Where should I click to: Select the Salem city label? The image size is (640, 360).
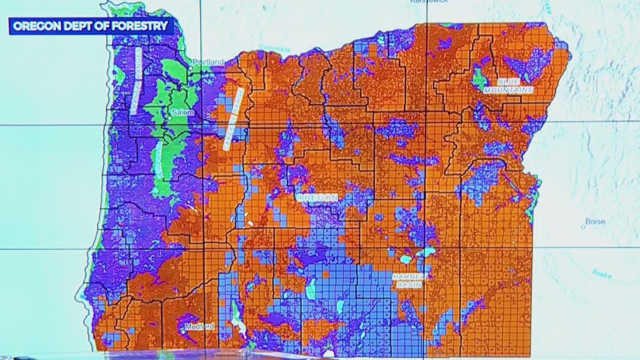(x=184, y=113)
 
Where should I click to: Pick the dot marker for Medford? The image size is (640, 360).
(x=185, y=325)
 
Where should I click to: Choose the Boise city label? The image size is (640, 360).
(x=595, y=221)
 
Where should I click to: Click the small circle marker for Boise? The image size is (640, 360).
(x=583, y=228)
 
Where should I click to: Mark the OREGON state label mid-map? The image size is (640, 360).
(x=317, y=198)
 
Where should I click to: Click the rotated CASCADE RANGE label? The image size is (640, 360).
(x=232, y=118)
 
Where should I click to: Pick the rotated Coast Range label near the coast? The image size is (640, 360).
(x=135, y=81)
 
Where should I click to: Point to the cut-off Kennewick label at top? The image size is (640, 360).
(x=429, y=2)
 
